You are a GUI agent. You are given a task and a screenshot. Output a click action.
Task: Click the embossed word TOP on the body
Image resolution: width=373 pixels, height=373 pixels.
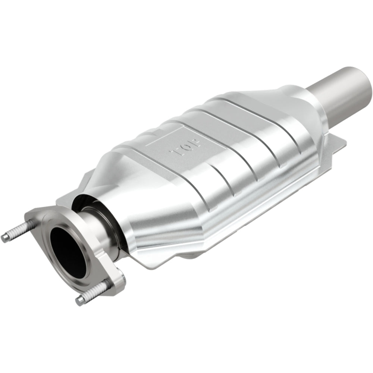tap(186, 146)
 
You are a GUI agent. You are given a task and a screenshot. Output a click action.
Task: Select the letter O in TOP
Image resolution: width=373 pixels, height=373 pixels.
tap(186, 146)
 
